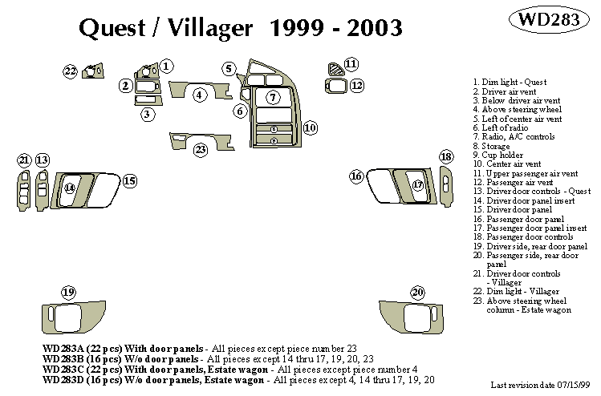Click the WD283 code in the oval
(548, 19)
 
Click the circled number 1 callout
(166, 67)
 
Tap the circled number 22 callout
(71, 72)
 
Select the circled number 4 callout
(201, 95)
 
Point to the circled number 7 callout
(273, 98)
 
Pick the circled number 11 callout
(351, 63)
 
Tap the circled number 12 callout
(356, 85)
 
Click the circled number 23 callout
(201, 149)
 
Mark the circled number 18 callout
(447, 156)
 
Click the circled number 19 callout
(70, 291)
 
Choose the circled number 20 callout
(417, 292)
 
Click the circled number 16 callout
(356, 176)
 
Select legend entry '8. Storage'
(497, 146)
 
